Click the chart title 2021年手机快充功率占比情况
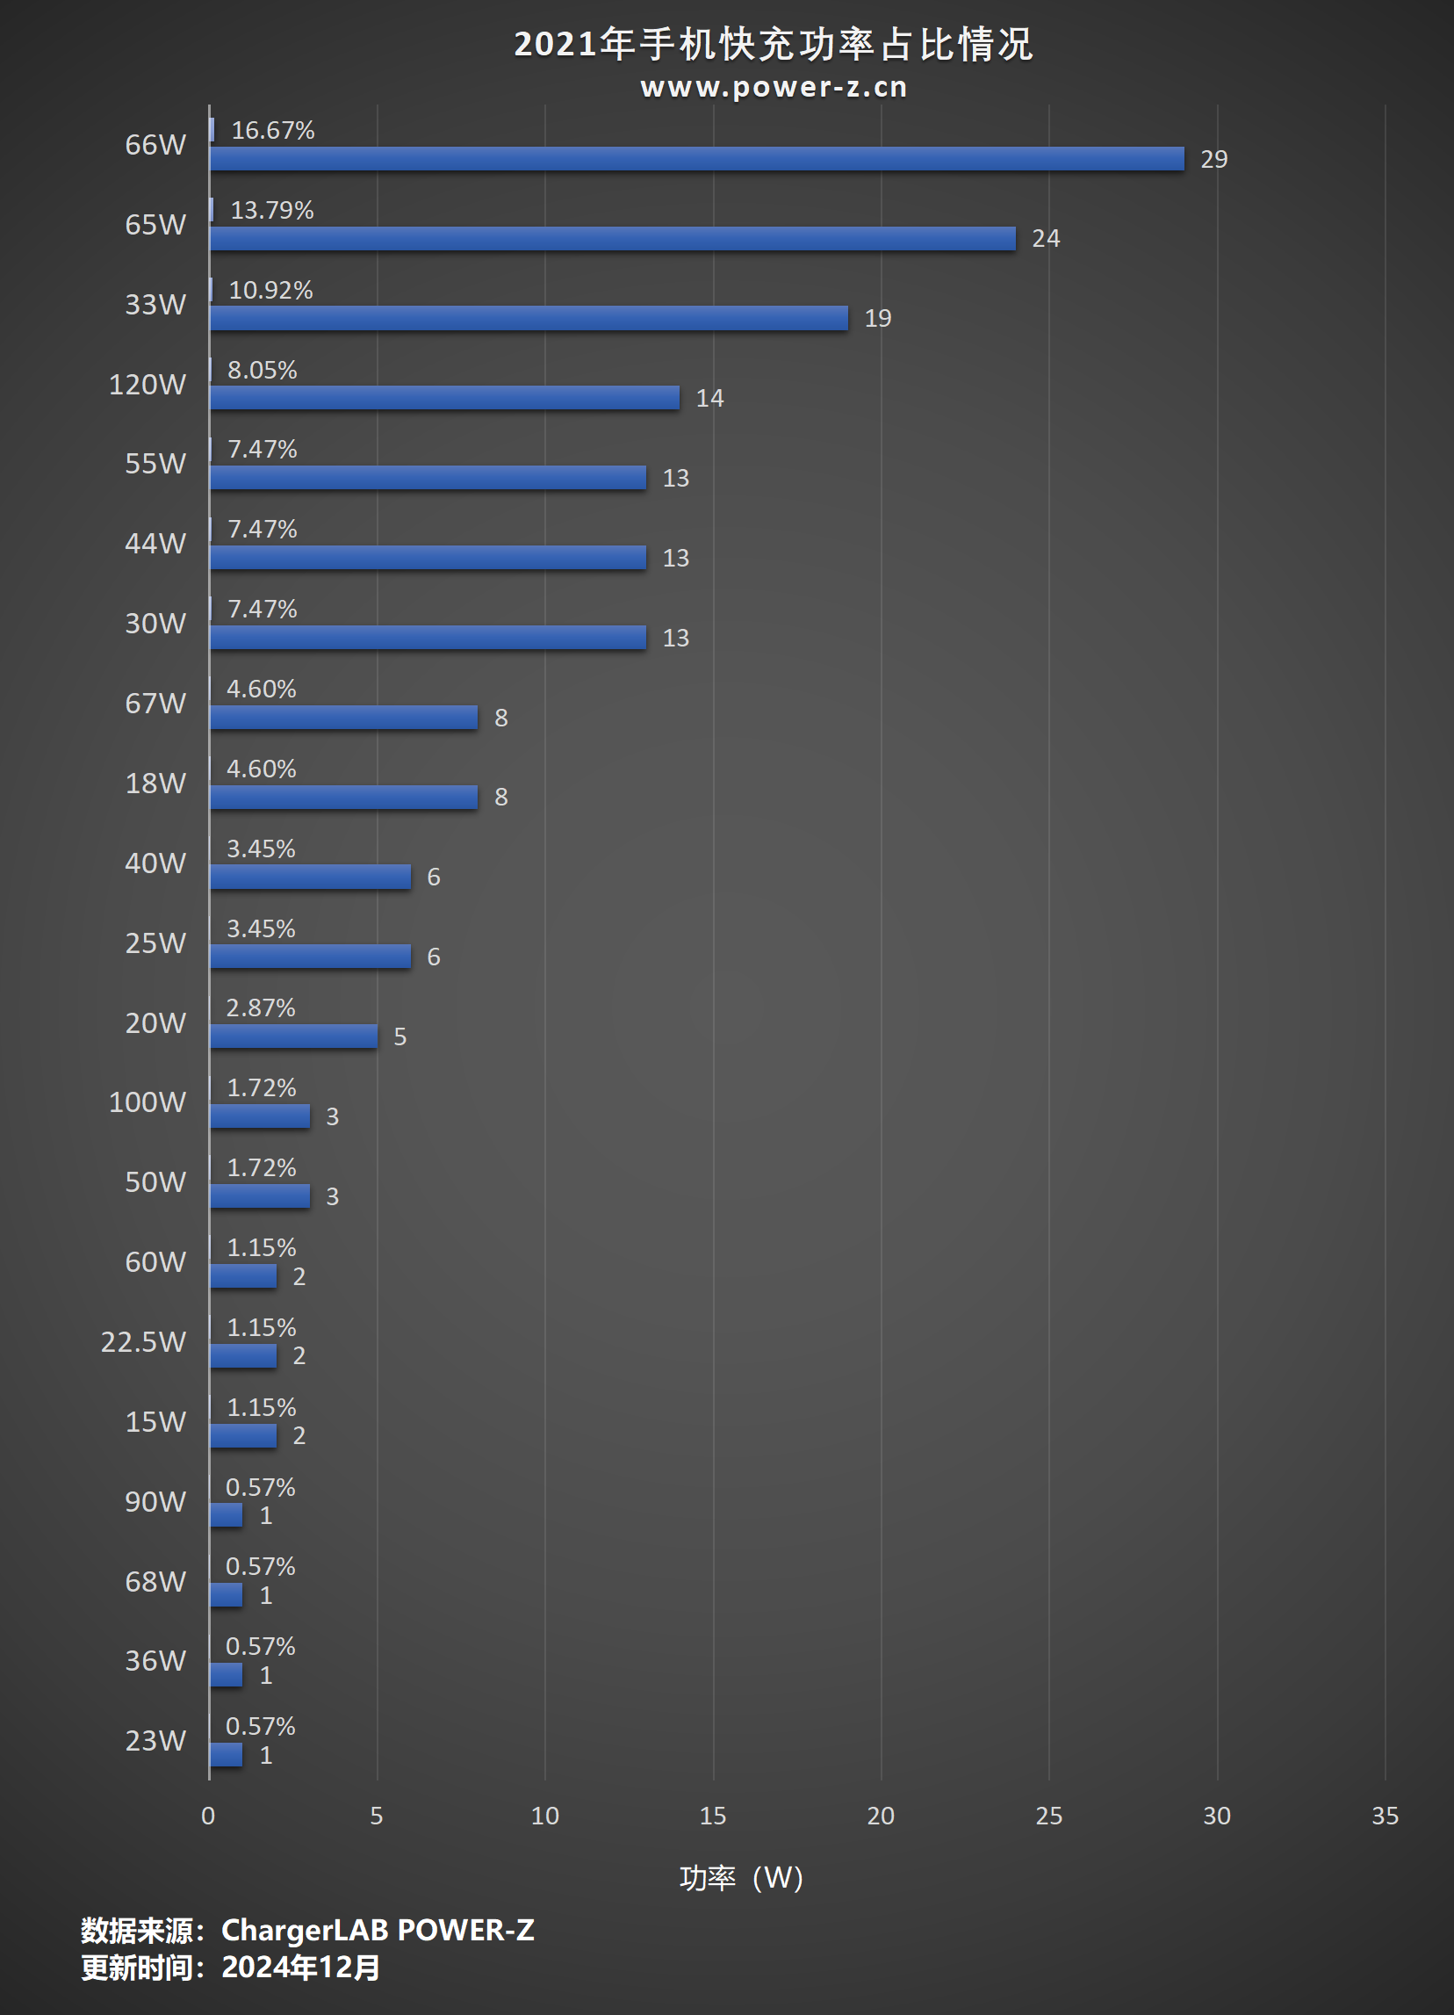point(773,45)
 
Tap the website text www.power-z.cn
point(773,87)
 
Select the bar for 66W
point(696,159)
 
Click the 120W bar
point(444,398)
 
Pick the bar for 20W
point(293,1036)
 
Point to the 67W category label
point(155,704)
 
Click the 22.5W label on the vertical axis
point(143,1341)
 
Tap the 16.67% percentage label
point(273,131)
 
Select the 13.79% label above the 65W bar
point(272,211)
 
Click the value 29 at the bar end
point(1213,159)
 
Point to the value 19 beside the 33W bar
point(877,318)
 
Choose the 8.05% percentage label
point(262,371)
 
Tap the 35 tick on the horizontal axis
point(1384,1816)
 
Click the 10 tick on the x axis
point(544,1816)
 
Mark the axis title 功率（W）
point(741,1878)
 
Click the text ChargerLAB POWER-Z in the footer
point(378,1931)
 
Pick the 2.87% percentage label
point(260,1008)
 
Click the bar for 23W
point(226,1755)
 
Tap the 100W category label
point(147,1102)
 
